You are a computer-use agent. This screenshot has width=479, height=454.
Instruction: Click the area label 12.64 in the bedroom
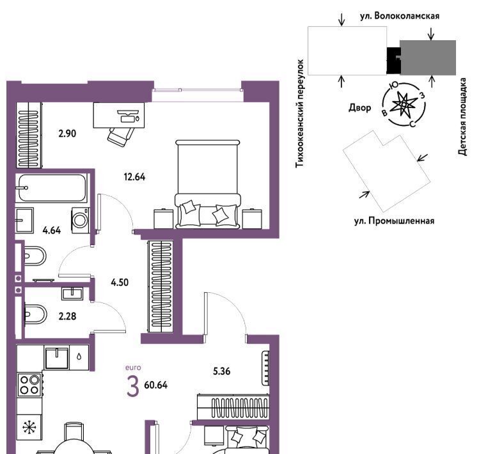point(134,177)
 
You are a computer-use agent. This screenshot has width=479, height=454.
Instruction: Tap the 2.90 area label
point(67,134)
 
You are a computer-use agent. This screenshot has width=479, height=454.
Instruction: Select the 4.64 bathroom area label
point(52,230)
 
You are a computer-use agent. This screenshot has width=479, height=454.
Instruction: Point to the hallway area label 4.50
point(120,282)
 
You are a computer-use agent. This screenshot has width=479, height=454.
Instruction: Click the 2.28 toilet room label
point(67,317)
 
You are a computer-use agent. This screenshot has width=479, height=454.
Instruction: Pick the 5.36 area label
point(222,372)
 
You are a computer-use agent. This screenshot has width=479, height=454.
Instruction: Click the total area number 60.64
point(156,385)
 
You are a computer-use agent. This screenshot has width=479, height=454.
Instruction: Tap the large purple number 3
point(133,386)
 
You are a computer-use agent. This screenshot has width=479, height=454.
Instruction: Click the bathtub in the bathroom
point(52,188)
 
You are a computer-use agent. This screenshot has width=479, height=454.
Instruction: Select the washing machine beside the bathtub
point(81,220)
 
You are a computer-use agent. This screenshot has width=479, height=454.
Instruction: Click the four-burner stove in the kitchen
point(29,385)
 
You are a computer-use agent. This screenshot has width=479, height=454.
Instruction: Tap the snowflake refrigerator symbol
point(29,427)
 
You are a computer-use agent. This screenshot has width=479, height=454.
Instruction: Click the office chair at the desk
point(121,137)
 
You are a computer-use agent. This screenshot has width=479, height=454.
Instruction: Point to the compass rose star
point(404,105)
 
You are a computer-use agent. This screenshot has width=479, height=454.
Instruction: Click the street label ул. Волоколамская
point(400,16)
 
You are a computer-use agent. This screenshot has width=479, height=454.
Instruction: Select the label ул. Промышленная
point(394,221)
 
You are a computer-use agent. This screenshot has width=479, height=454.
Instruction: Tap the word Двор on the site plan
point(360,107)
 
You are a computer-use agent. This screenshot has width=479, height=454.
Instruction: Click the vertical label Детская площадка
point(463,117)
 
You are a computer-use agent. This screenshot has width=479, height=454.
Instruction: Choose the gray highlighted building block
point(428,58)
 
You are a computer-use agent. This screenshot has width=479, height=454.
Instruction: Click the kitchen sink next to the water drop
point(57,357)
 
